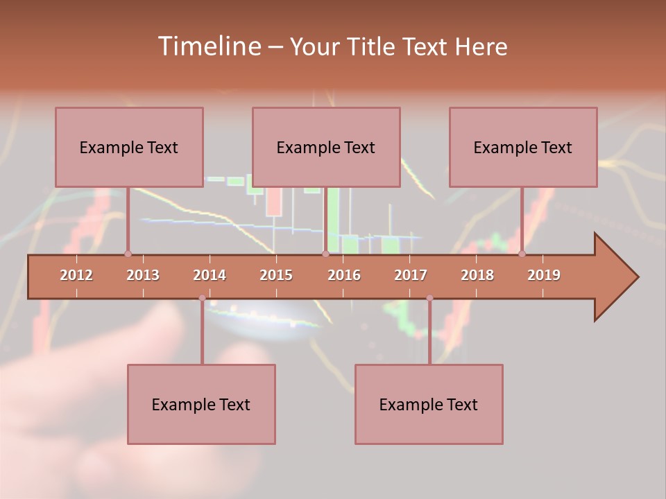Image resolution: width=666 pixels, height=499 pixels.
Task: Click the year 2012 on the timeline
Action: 76,275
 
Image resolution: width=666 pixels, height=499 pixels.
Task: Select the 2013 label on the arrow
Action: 143,275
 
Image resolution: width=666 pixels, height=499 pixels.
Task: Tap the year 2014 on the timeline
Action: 210,275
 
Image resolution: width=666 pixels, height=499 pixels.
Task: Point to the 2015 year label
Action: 276,275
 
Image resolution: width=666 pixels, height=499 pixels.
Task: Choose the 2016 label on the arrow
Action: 344,275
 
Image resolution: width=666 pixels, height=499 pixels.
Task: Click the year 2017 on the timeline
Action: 411,275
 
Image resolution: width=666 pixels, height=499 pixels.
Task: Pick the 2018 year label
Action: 477,275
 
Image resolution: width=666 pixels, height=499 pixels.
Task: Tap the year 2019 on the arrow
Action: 544,275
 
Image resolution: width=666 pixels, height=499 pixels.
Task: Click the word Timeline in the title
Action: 208,46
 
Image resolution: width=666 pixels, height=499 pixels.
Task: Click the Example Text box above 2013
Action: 129,147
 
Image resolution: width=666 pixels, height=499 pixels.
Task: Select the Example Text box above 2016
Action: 326,147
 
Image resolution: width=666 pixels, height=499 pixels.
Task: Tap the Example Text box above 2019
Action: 523,147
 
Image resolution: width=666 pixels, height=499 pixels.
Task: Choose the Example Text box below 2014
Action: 201,404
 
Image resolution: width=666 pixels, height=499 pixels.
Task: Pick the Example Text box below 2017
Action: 429,404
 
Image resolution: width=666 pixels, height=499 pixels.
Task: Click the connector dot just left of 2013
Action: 128,254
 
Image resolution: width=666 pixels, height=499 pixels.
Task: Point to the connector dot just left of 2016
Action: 325,254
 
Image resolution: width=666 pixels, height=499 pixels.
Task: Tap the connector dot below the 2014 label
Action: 202,298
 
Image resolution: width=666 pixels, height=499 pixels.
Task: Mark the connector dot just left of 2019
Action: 522,254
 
